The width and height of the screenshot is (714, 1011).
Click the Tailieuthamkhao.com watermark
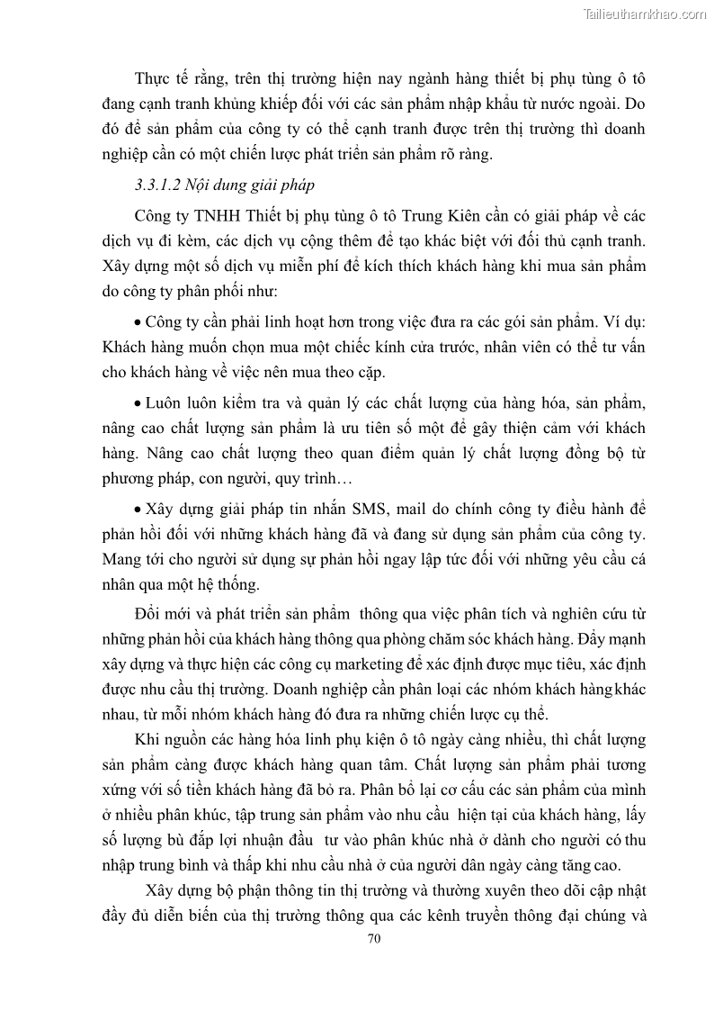[x=645, y=14]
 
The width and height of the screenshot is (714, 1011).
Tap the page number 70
[x=375, y=938]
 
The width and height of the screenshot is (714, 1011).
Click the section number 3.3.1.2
[x=158, y=186]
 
